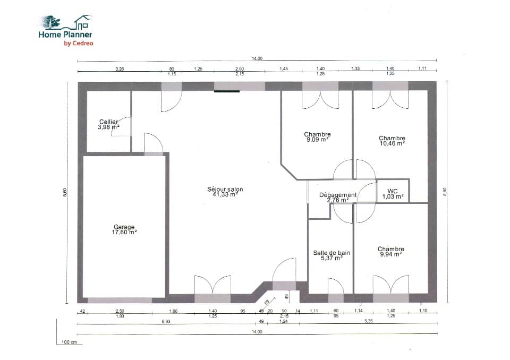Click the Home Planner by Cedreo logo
[66, 30]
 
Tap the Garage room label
[124, 227]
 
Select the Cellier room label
[108, 122]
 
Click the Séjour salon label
[225, 189]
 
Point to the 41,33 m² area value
[225, 195]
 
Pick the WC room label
[393, 191]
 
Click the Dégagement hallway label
[337, 195]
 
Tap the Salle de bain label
[331, 253]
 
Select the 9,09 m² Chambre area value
[317, 140]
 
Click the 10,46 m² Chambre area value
[392, 143]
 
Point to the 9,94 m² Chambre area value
[390, 254]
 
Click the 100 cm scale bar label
[69, 342]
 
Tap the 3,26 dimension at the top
[120, 69]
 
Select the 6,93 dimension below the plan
[166, 322]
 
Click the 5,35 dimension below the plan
[368, 322]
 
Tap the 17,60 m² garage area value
[125, 232]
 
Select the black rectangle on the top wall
[227, 91]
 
